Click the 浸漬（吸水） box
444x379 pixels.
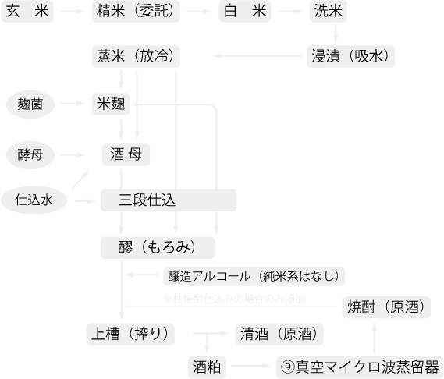tap(352, 56)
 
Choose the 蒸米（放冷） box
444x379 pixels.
tap(137, 56)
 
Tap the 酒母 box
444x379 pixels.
tap(126, 154)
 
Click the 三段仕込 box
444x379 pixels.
tap(168, 200)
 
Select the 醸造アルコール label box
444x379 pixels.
tap(253, 276)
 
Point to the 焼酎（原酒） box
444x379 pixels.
tap(387, 307)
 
